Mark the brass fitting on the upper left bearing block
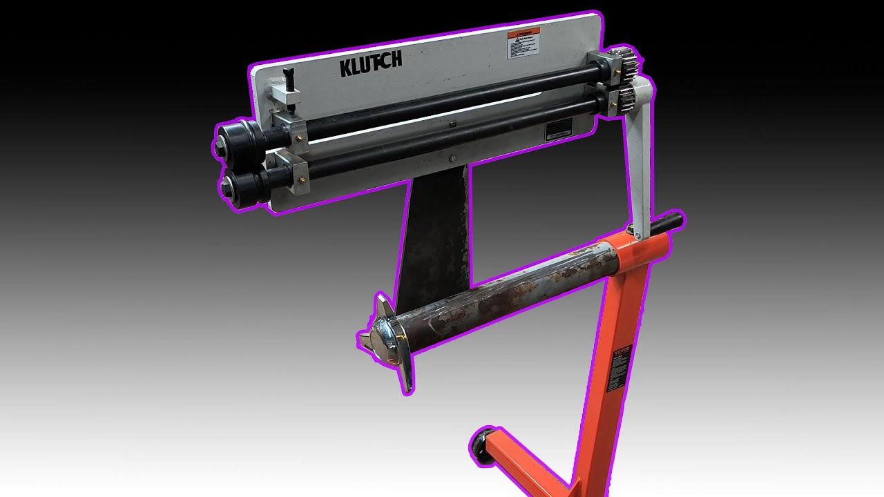point(300,138)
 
